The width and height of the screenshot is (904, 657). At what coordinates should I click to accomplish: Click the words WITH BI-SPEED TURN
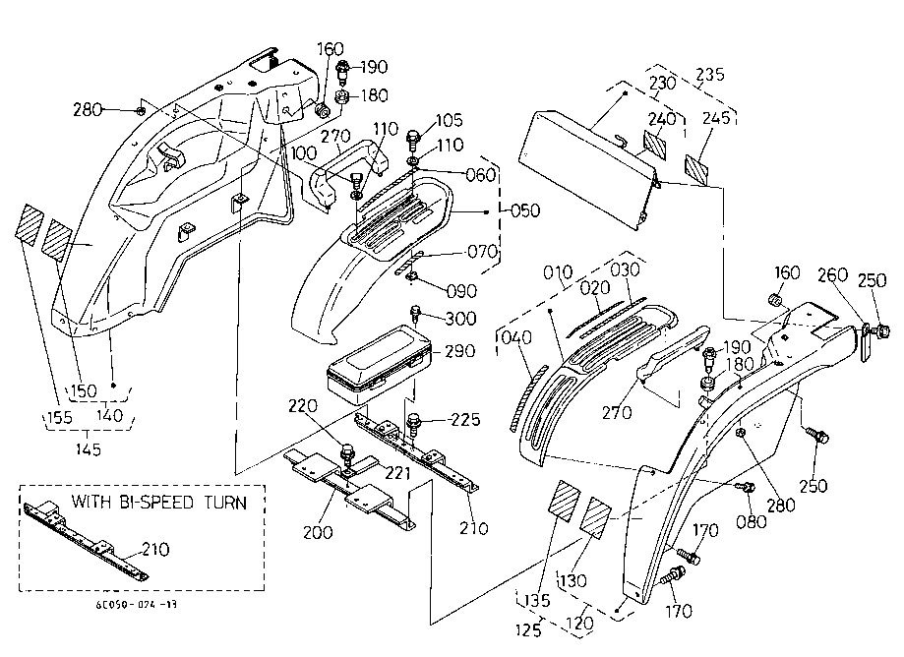(x=157, y=503)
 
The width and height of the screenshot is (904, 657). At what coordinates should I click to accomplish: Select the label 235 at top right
(x=709, y=74)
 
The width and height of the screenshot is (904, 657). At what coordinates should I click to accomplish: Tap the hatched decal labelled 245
(x=699, y=168)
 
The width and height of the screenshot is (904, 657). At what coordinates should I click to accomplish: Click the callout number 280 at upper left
(x=89, y=109)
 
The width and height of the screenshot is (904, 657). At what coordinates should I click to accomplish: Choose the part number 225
(x=464, y=420)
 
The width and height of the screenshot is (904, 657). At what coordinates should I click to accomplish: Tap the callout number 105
(x=449, y=120)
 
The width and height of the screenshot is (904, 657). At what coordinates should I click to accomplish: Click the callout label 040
(x=514, y=337)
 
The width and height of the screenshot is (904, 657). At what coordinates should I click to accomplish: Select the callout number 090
(x=461, y=291)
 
